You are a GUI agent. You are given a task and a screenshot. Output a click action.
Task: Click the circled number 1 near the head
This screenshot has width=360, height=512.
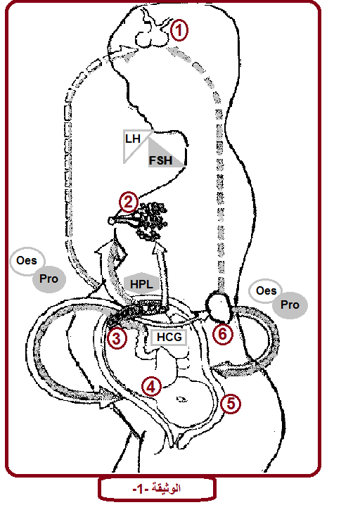(179, 30)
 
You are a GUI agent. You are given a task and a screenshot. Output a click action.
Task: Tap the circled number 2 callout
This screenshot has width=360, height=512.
(128, 202)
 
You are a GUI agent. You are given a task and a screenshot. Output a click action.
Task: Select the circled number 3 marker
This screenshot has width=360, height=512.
(117, 338)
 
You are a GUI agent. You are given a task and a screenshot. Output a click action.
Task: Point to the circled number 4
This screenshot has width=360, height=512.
(151, 387)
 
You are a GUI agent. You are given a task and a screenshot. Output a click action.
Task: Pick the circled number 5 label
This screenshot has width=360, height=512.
(231, 404)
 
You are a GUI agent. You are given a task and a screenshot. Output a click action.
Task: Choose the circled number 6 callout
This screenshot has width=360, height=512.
(223, 333)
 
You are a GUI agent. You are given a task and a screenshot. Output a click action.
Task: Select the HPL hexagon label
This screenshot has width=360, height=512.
(141, 283)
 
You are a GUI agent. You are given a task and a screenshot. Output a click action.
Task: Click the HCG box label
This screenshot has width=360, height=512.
(169, 337)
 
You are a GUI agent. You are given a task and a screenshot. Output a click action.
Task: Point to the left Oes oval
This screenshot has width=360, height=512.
(27, 261)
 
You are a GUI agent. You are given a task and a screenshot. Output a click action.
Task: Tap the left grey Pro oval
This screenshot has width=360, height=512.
(49, 279)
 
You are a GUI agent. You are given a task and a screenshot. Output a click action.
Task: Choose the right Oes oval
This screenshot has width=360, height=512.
(266, 290)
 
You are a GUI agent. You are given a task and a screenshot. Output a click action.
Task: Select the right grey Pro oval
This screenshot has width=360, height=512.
(290, 305)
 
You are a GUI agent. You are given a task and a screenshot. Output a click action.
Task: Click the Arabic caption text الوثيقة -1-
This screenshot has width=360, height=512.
(157, 489)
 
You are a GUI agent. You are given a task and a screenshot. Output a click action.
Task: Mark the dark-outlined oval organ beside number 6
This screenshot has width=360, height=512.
(219, 307)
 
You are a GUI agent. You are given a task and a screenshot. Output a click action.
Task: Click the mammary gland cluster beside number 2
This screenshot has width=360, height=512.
(152, 221)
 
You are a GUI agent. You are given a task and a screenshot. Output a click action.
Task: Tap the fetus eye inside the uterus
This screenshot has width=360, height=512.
(181, 399)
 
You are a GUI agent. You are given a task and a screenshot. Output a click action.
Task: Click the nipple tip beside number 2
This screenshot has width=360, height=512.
(111, 221)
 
